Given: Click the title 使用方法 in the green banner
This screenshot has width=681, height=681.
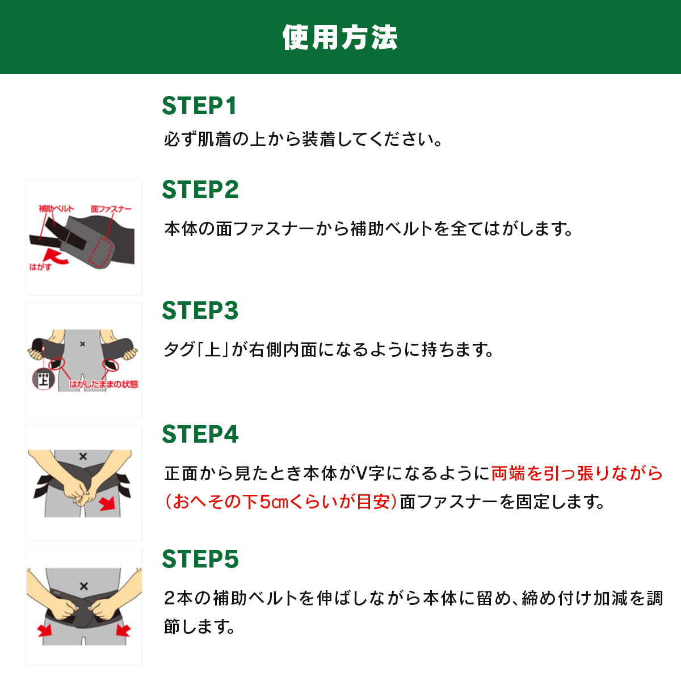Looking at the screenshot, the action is click(340, 37).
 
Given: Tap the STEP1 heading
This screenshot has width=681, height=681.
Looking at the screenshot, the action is click(199, 106).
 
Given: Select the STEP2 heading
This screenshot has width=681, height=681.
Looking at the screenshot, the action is click(200, 190).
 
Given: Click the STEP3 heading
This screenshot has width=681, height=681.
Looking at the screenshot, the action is click(200, 310).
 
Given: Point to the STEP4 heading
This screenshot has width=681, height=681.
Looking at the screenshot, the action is click(200, 434).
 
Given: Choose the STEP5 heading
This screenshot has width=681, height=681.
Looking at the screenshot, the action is click(200, 559).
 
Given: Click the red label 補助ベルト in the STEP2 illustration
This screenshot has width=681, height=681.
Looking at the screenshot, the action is click(56, 208).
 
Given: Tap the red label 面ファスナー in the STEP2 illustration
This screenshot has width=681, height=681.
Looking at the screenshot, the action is click(111, 209).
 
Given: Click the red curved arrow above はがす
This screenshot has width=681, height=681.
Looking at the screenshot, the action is click(55, 257).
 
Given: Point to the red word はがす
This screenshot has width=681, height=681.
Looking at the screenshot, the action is click(40, 267).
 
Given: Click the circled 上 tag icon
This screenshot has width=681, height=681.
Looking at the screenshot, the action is click(44, 379).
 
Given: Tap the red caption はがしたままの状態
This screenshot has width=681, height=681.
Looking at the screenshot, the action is click(103, 384).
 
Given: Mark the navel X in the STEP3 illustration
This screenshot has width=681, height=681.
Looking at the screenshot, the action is click(82, 344).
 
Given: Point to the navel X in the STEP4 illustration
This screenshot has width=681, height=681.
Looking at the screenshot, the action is click(83, 456).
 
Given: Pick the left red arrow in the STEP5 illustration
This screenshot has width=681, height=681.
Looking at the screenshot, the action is click(45, 630).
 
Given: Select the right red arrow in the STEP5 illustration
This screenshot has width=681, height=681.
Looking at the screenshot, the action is click(123, 630).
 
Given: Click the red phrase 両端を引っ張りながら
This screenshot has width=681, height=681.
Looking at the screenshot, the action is click(577, 473).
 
